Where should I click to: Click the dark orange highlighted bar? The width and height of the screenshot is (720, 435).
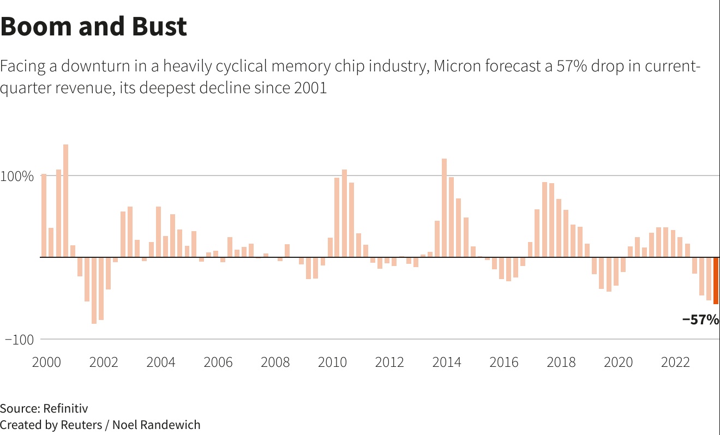point(716,280)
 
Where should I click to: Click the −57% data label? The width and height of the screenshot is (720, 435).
point(700,320)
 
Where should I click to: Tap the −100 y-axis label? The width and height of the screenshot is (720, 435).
point(19,340)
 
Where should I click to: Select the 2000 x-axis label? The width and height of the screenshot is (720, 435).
point(46,362)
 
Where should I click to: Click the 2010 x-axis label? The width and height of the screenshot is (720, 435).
point(332,362)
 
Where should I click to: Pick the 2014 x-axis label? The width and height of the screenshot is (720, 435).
point(447,362)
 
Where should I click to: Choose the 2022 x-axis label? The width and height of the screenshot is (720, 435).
point(675,362)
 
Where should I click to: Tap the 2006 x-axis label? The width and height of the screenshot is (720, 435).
point(218,362)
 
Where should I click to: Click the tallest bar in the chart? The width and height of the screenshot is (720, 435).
point(66,201)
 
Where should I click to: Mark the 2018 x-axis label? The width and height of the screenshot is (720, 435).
point(561,362)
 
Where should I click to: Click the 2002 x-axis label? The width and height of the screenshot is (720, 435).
point(104,362)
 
